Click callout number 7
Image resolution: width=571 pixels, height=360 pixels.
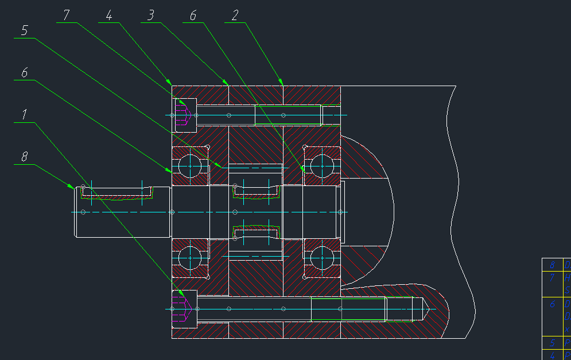[66, 16]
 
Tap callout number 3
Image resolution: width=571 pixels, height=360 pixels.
[150, 16]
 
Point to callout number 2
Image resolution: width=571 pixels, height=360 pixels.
[235, 16]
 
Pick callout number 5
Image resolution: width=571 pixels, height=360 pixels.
[24, 30]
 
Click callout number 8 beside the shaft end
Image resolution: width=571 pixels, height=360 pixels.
[24, 156]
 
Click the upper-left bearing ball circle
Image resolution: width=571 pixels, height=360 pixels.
[190, 166]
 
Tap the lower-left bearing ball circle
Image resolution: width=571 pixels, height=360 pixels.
[190, 258]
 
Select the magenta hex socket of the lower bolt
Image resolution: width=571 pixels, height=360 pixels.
[185, 309]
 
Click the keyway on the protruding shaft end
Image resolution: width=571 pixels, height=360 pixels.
[117, 192]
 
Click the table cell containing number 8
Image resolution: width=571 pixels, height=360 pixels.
[552, 265]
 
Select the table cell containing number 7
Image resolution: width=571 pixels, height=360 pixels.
[552, 278]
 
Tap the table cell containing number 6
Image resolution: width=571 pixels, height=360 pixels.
[552, 304]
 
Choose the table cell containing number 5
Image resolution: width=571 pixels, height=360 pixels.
[552, 343]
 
